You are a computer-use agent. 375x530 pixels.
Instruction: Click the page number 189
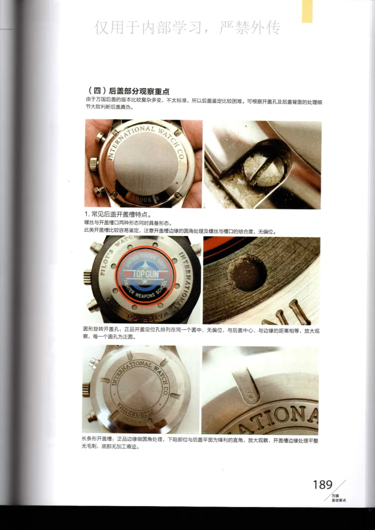322,485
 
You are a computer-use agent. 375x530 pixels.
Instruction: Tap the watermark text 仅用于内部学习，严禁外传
187,28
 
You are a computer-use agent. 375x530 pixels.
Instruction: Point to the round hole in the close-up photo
247,273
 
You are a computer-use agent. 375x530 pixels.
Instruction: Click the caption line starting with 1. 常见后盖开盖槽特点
117,214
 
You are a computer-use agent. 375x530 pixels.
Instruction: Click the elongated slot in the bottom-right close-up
248,385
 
